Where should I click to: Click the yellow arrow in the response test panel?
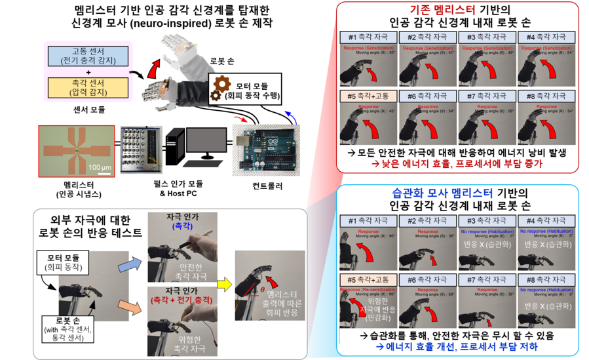pos(223,283)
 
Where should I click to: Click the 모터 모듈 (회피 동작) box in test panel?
pos(64,262)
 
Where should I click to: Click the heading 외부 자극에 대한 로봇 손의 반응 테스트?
pos(91,226)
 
